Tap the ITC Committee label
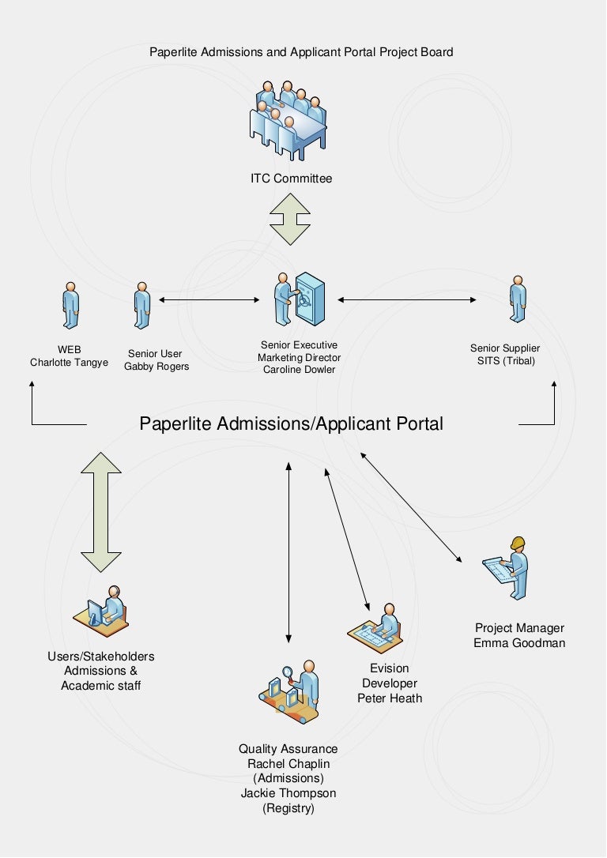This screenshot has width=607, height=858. tap(292, 179)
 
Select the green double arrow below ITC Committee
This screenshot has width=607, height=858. tap(290, 220)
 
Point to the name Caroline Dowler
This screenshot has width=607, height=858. tap(299, 369)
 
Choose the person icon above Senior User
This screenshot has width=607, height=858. tap(141, 305)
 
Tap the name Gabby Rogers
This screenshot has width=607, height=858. tap(156, 367)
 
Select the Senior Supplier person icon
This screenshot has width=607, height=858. tap(518, 300)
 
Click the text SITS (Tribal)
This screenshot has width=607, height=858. tap(505, 361)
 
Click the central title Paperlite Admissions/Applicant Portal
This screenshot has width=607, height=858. tap(291, 423)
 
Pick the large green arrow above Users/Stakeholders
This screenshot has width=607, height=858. tap(102, 511)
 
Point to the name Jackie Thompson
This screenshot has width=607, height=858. tap(288, 793)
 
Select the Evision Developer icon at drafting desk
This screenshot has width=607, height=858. tap(377, 626)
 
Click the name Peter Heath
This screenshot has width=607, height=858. tap(390, 698)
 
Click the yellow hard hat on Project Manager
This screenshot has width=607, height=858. tap(518, 543)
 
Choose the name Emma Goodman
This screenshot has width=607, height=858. tap(519, 642)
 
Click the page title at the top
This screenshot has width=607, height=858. tap(301, 52)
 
